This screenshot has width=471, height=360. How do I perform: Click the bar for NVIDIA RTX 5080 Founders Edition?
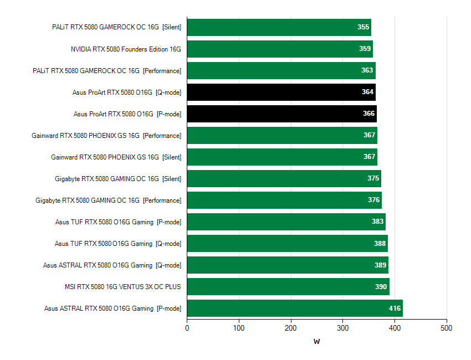coord(280,49)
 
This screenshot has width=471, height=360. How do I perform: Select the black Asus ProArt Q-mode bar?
coord(281,92)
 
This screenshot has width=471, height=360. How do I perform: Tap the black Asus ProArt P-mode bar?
coord(281,114)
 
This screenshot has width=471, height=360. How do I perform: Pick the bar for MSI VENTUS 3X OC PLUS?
coord(288,287)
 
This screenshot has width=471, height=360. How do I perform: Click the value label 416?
coord(395,308)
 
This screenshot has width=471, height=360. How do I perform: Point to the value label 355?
coord(364,27)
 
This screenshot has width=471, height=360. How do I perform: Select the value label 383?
coord(378,222)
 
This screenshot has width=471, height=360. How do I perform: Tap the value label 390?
coord(381,287)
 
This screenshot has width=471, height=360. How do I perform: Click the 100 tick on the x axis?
coord(239,328)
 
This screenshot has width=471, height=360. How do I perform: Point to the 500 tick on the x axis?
coord(447,328)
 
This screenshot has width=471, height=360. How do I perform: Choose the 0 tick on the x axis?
coord(187,328)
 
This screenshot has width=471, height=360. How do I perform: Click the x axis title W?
coord(316,341)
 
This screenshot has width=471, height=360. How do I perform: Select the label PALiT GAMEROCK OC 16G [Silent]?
coord(117,27)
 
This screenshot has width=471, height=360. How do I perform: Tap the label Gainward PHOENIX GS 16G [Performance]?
coord(106,136)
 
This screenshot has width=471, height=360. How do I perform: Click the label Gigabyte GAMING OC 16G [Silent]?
coord(118,179)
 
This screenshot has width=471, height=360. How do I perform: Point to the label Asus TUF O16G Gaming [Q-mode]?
coord(118,244)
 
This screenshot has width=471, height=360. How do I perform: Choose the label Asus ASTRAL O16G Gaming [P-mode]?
coord(113,308)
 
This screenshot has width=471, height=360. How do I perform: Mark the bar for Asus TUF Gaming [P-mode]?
coord(286,222)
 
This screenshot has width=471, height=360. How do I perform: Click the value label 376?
coord(374,200)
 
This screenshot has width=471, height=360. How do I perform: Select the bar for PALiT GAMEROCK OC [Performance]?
coord(281,70)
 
